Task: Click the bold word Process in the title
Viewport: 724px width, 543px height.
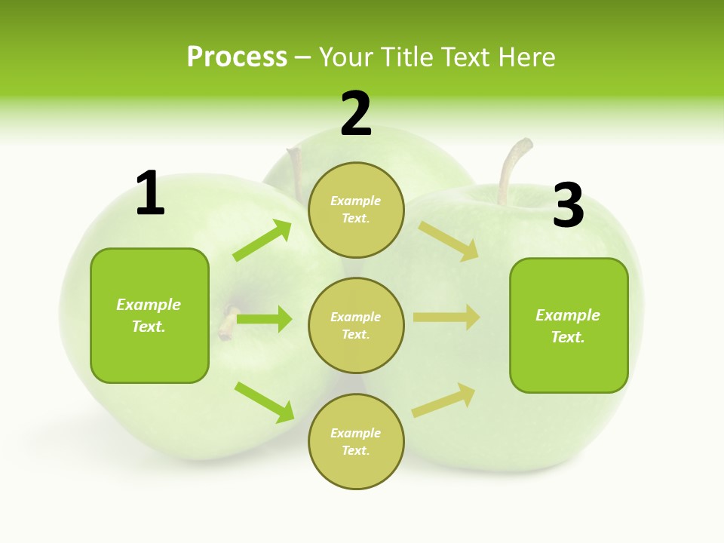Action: (237, 57)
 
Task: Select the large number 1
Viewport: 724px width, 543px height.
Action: (150, 194)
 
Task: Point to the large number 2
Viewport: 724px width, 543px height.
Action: (356, 114)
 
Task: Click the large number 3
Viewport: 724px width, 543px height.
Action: (568, 205)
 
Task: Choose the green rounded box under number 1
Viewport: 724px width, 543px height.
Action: (149, 315)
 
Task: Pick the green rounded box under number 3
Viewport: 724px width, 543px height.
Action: (569, 325)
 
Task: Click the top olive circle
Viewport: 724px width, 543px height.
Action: (356, 210)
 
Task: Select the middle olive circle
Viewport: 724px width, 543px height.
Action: (356, 325)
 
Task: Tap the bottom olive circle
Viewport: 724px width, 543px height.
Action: (356, 441)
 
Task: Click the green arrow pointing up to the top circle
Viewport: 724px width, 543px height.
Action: (262, 241)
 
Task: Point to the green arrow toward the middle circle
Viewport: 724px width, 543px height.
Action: (264, 319)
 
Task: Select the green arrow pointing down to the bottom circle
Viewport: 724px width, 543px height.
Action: (264, 402)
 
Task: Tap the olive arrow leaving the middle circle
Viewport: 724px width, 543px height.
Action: (446, 318)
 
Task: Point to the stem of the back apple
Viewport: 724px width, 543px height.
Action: (295, 169)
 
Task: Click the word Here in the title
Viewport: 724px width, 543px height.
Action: (525, 57)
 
